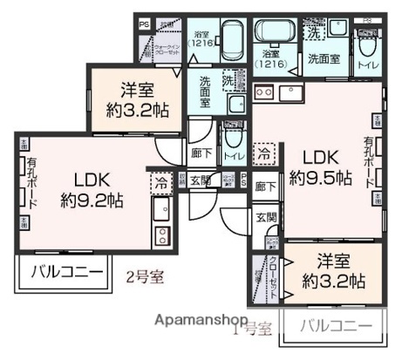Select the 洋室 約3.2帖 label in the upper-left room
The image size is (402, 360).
click(x=138, y=98)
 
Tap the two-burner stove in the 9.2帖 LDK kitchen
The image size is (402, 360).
click(x=161, y=234)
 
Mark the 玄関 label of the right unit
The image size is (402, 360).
click(x=266, y=216)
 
